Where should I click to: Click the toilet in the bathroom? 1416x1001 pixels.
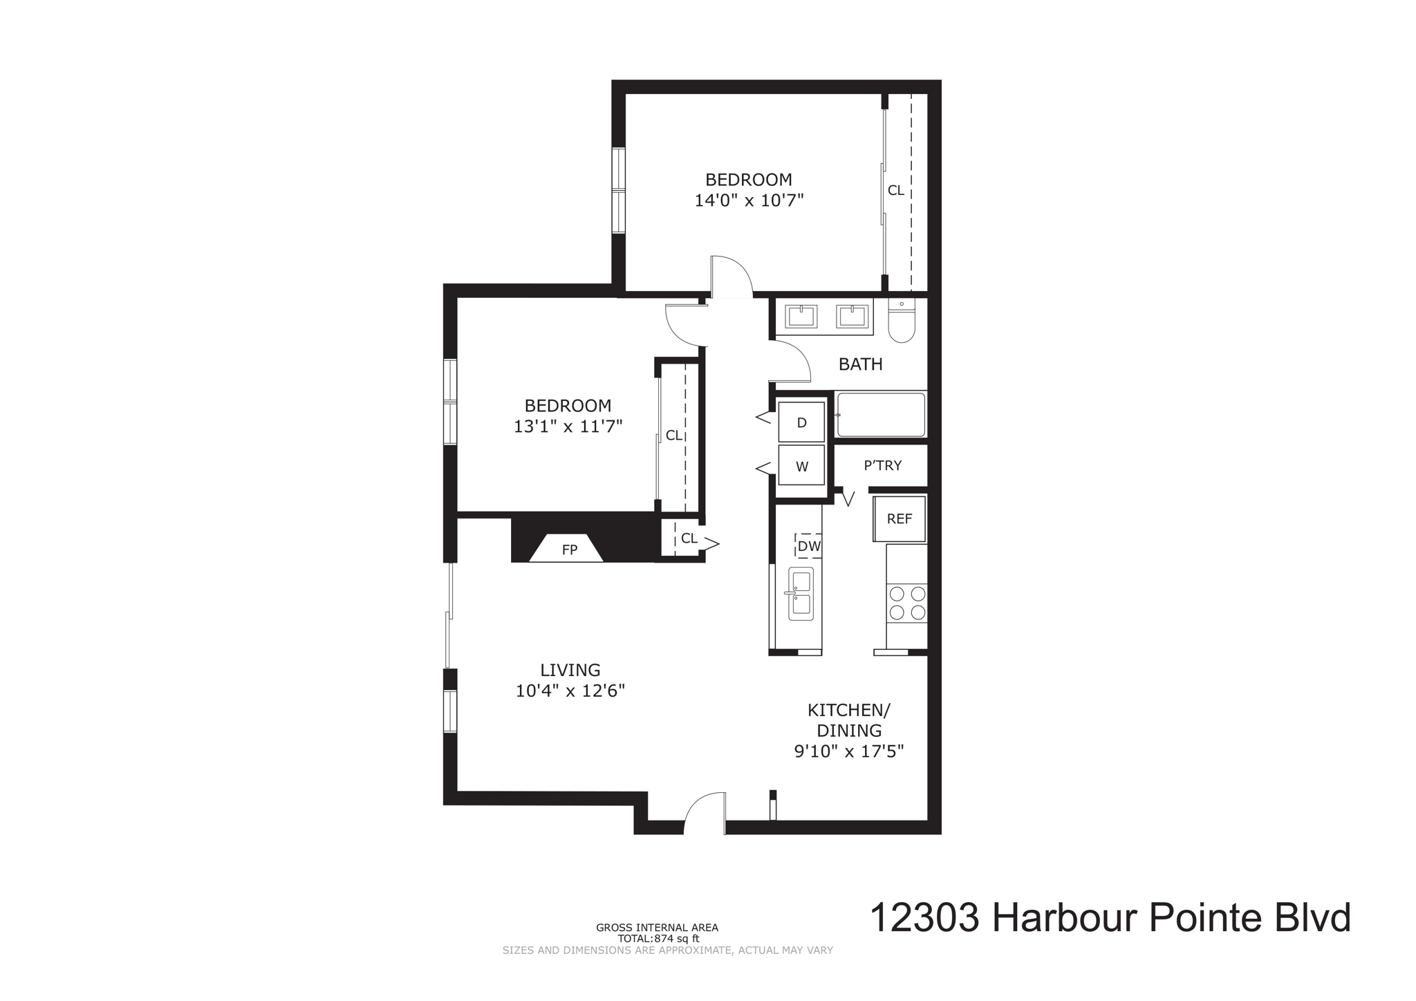click(x=902, y=321)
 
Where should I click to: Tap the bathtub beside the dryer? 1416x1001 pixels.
click(x=880, y=415)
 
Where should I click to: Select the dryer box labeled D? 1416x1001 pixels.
click(x=801, y=422)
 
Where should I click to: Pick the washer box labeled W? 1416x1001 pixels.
click(x=801, y=465)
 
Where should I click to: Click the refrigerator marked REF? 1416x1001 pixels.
click(x=899, y=518)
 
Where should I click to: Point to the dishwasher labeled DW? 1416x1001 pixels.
click(x=808, y=546)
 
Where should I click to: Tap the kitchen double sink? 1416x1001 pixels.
click(x=801, y=594)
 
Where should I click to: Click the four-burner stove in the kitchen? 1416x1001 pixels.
click(x=906, y=603)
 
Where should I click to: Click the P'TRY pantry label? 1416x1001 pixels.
click(x=882, y=465)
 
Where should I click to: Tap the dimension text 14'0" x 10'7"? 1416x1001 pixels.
click(x=749, y=200)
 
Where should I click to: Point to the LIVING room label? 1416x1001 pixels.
click(x=570, y=669)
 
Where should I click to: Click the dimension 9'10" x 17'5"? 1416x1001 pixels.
click(x=849, y=751)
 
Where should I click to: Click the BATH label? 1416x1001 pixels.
click(x=860, y=364)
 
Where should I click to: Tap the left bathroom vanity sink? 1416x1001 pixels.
click(x=801, y=317)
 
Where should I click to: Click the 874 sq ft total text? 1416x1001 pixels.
click(x=658, y=939)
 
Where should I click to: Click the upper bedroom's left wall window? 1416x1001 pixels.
click(x=618, y=190)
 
